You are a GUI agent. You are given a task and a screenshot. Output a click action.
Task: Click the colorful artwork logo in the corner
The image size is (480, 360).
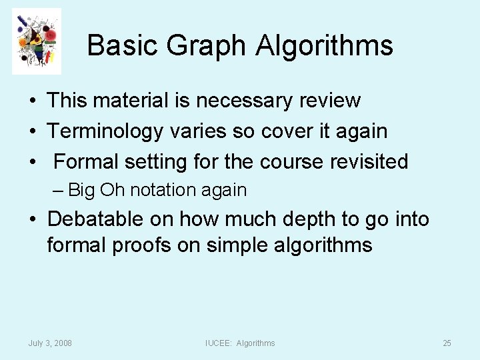(x=37, y=41)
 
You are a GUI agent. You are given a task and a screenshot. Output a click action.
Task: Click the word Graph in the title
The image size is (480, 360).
(x=207, y=46)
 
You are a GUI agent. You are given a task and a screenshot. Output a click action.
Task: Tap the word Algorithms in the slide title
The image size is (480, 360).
(x=325, y=46)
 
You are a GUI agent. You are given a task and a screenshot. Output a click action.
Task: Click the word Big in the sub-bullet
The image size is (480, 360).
(x=83, y=191)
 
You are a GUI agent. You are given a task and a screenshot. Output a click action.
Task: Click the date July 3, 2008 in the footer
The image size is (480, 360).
(x=50, y=343)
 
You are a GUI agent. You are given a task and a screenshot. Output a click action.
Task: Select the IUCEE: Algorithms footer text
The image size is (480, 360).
(x=239, y=343)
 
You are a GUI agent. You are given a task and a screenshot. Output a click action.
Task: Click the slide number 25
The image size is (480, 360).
(x=447, y=343)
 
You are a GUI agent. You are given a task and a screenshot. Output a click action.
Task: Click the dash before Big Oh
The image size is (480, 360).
(x=59, y=191)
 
